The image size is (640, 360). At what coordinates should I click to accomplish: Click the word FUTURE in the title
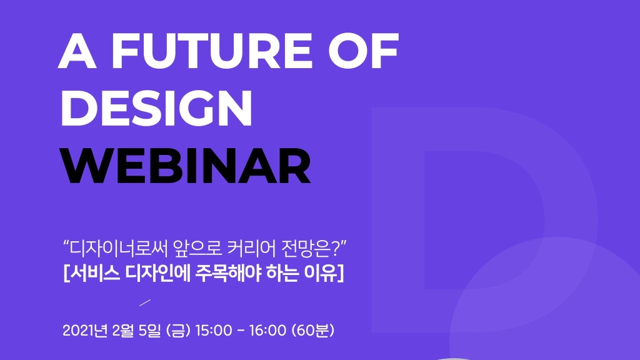click(x=212, y=51)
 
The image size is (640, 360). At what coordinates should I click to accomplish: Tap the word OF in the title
click(x=364, y=51)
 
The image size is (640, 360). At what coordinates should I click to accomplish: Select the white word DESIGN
click(x=157, y=108)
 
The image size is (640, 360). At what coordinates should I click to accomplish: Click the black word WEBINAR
click(x=186, y=166)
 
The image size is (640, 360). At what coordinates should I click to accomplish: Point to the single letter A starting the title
click(x=77, y=51)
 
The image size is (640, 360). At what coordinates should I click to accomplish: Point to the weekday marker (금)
click(x=179, y=330)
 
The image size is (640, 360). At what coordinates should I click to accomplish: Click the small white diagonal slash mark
click(x=145, y=302)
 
